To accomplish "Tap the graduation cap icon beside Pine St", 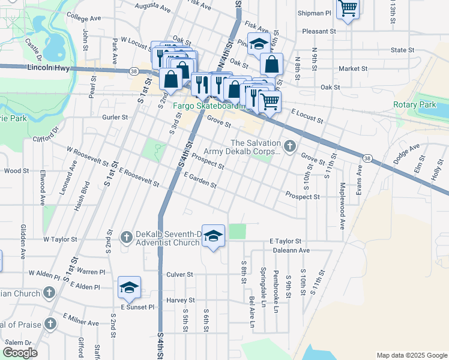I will (259, 44).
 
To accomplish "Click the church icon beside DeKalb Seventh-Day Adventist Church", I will (126, 238).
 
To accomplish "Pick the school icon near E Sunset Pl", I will (129, 289).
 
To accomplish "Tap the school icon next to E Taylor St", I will (213, 236).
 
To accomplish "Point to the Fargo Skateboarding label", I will (209, 106).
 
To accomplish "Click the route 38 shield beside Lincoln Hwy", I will (133, 71).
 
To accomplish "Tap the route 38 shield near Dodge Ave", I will (367, 157).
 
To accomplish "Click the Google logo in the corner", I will (19, 352).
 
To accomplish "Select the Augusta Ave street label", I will (153, 7).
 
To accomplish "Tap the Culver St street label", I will (179, 274).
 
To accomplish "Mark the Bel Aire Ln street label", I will (252, 308).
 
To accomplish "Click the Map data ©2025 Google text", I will (411, 355).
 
